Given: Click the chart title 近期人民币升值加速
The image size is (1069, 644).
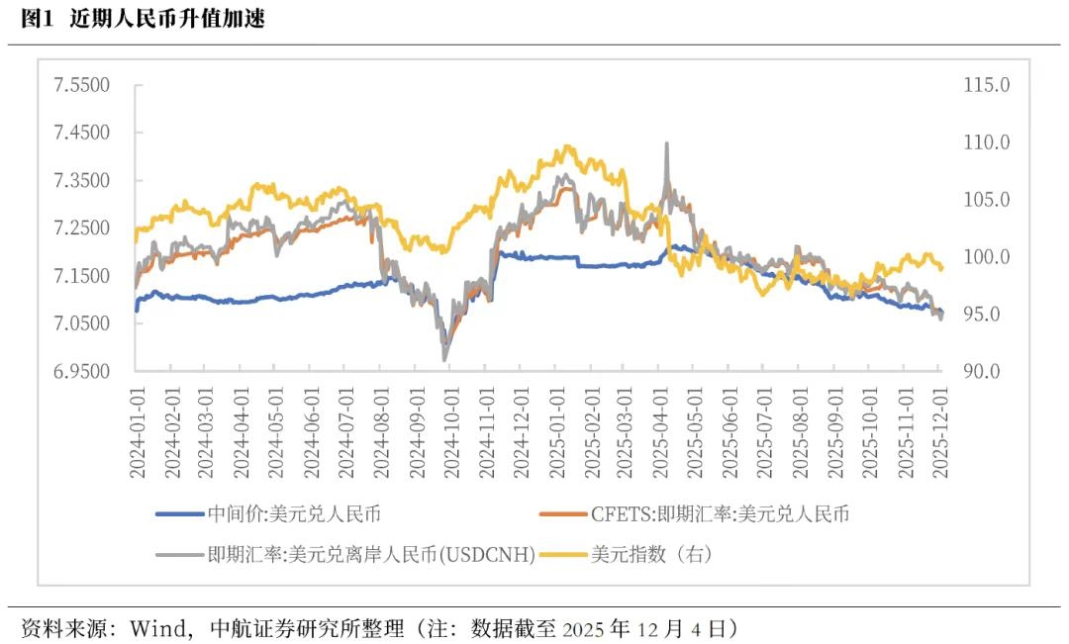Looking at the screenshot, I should [x=167, y=19].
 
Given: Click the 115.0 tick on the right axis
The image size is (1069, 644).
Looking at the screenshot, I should [x=986, y=85].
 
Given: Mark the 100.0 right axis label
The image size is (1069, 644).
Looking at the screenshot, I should [x=986, y=257].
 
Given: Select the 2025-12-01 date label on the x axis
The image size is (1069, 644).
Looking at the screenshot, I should [x=941, y=433].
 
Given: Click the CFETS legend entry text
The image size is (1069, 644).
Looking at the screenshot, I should [x=720, y=513].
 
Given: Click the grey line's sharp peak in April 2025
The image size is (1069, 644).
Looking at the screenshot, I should [x=666, y=144].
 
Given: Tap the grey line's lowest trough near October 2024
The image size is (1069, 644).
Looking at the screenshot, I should [x=444, y=358].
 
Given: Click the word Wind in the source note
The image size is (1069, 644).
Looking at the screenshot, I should [x=159, y=627].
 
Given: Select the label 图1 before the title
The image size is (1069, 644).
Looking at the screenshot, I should [x=36, y=19].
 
